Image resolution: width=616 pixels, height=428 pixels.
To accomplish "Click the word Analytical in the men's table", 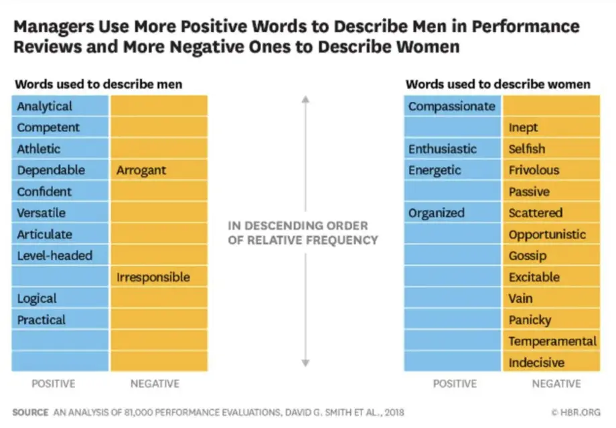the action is [x=44, y=106].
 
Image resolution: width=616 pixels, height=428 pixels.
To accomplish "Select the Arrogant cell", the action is [x=159, y=170].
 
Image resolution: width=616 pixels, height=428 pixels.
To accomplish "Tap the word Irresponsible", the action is [x=153, y=277].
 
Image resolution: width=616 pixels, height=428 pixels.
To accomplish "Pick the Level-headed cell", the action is [x=60, y=255].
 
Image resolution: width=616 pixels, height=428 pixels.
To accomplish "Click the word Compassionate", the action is [x=452, y=106].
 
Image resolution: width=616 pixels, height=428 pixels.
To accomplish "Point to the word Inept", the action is [x=523, y=128].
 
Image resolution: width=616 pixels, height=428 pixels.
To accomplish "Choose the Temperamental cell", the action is [x=552, y=341].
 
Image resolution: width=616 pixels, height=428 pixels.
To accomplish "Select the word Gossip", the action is [x=528, y=256].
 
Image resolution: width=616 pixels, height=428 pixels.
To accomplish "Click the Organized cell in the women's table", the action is [x=453, y=213].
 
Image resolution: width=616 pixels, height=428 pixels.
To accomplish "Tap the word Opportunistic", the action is [x=547, y=234].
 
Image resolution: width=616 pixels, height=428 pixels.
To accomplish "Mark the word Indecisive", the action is [x=536, y=362].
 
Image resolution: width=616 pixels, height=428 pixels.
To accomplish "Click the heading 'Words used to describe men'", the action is [x=98, y=84].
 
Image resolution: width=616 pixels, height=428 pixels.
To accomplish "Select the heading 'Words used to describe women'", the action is [x=497, y=84].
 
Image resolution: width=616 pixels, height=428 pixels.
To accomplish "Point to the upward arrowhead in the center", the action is [x=305, y=99].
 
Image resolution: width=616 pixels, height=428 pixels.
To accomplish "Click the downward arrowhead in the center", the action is [x=305, y=363].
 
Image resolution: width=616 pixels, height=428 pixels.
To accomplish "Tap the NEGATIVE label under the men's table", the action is [x=155, y=384].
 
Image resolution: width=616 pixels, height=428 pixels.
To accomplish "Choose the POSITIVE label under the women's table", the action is [x=455, y=384].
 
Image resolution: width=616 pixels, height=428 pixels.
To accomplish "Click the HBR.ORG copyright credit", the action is [x=576, y=413].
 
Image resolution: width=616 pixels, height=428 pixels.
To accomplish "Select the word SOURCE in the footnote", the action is [x=30, y=413].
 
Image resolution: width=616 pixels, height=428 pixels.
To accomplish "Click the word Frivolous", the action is [x=534, y=170].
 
